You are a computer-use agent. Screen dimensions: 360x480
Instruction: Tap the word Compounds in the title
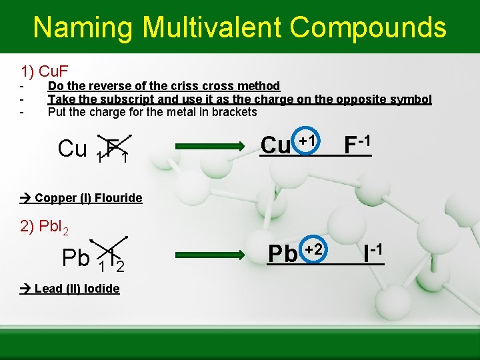(x=368, y=27)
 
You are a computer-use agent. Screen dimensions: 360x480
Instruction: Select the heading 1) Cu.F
(x=46, y=71)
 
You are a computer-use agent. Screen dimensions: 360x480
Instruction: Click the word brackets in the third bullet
(x=235, y=112)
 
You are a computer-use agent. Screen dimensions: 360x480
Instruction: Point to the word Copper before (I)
(x=54, y=197)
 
